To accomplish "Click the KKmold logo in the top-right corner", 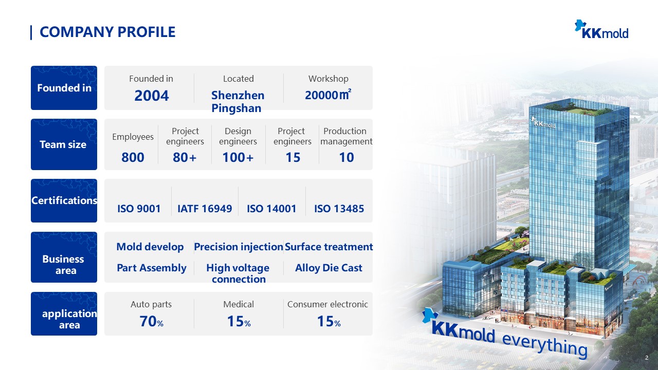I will coord(601,29).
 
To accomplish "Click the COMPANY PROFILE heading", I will coord(107,32).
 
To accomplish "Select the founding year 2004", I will coord(151,96).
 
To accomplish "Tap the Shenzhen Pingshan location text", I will coord(238,101).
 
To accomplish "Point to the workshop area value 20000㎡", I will coord(328,95).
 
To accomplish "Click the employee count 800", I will coord(133,157).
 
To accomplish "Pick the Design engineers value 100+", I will coord(238,157).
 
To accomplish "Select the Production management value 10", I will coord(346,157).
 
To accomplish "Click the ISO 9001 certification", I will coord(139,209).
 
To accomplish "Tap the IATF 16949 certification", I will coord(205,209).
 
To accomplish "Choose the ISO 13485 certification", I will coord(339,209).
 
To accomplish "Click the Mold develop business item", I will coord(150,247).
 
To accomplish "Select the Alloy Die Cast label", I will coord(328,268).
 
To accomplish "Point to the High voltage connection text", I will coord(238,273).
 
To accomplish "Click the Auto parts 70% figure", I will coord(151,322).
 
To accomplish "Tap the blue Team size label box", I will coord(64,144).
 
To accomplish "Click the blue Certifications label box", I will coord(64,200).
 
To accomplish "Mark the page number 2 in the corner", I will coord(647,358).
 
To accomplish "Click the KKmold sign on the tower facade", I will coord(543,123).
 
